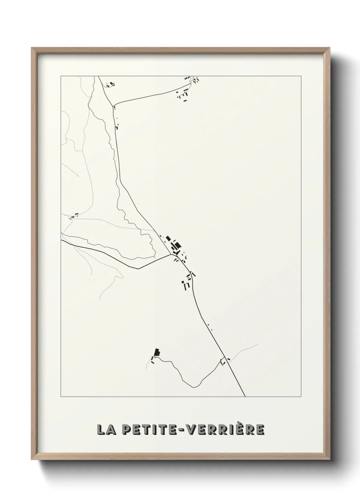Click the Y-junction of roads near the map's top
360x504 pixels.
click(x=113, y=105)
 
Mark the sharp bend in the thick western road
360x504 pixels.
click(x=138, y=269)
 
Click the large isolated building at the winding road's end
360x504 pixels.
click(x=157, y=352)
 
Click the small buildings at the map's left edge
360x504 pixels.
click(x=74, y=216)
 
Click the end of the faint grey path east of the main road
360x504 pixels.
click(x=258, y=344)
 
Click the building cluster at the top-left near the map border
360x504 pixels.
click(x=111, y=84)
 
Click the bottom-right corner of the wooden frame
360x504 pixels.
click(x=330, y=460)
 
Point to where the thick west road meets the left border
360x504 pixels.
click(x=61, y=240)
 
